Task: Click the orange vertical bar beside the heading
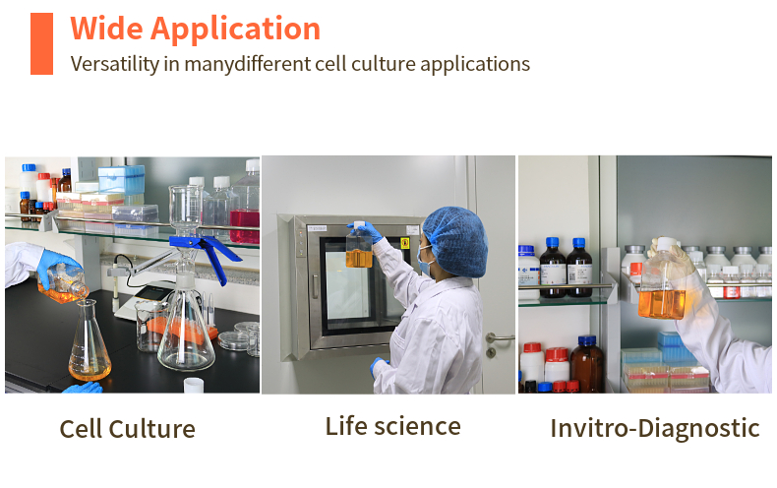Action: (41, 43)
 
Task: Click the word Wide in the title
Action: (106, 29)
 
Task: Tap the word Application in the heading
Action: (235, 30)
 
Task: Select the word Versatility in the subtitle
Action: (114, 64)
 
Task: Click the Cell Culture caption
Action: (127, 429)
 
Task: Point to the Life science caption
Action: (393, 426)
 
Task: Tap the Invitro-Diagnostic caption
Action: (655, 429)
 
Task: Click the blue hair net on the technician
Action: (456, 241)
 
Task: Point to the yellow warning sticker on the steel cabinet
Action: (405, 243)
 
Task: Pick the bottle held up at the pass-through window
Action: (359, 246)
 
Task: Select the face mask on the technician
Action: (424, 262)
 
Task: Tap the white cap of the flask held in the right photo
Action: (667, 243)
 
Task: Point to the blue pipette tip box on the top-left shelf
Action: (121, 179)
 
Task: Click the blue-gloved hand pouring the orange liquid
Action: (57, 268)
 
